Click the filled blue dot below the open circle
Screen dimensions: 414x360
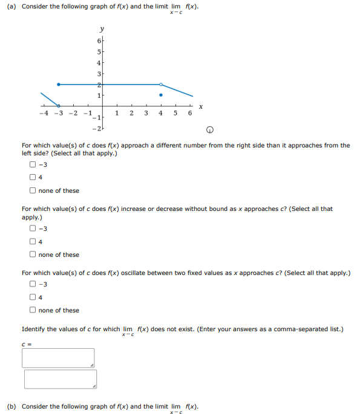click(x=160, y=95)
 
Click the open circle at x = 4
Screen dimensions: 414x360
click(x=160, y=84)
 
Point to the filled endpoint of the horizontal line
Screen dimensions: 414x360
click(x=58, y=84)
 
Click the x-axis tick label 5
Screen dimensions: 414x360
click(x=175, y=113)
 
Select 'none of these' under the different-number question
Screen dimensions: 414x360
click(x=33, y=190)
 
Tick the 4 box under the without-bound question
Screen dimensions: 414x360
click(x=33, y=242)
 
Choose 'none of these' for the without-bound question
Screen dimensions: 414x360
click(x=33, y=254)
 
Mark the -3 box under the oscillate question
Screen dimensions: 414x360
click(x=33, y=284)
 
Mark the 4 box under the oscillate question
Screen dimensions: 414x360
click(x=33, y=297)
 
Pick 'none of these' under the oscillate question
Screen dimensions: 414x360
click(x=33, y=310)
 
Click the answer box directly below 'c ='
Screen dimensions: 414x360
click(x=58, y=358)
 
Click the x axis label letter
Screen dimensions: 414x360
click(x=200, y=107)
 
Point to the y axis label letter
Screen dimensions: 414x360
click(x=102, y=29)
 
